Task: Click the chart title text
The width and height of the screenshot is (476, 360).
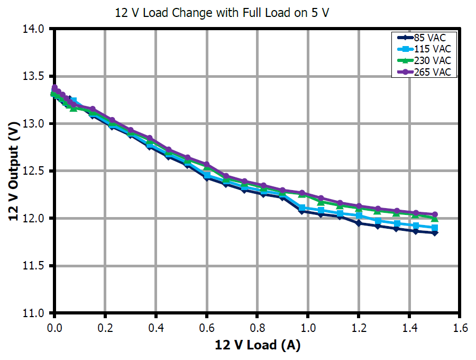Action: coord(222,13)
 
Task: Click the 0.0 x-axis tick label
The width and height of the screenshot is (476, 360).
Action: coord(54,328)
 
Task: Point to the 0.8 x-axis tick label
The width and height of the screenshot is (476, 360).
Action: coord(257,328)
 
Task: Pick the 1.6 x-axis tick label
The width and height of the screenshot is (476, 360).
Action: coord(460,328)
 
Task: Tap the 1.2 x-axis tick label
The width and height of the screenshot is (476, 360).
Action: coord(359,328)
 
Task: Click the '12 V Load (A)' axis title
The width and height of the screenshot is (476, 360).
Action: coord(257,346)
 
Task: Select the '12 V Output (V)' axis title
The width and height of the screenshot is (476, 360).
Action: coord(14,170)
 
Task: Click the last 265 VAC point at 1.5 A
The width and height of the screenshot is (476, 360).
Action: coord(435,214)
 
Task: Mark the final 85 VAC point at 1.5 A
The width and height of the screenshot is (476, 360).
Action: coord(435,232)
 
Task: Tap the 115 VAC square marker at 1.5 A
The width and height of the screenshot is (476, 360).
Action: coord(435,228)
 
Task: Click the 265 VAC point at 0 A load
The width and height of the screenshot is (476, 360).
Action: coord(54,88)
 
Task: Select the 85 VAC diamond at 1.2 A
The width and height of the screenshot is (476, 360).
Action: coord(359,223)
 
